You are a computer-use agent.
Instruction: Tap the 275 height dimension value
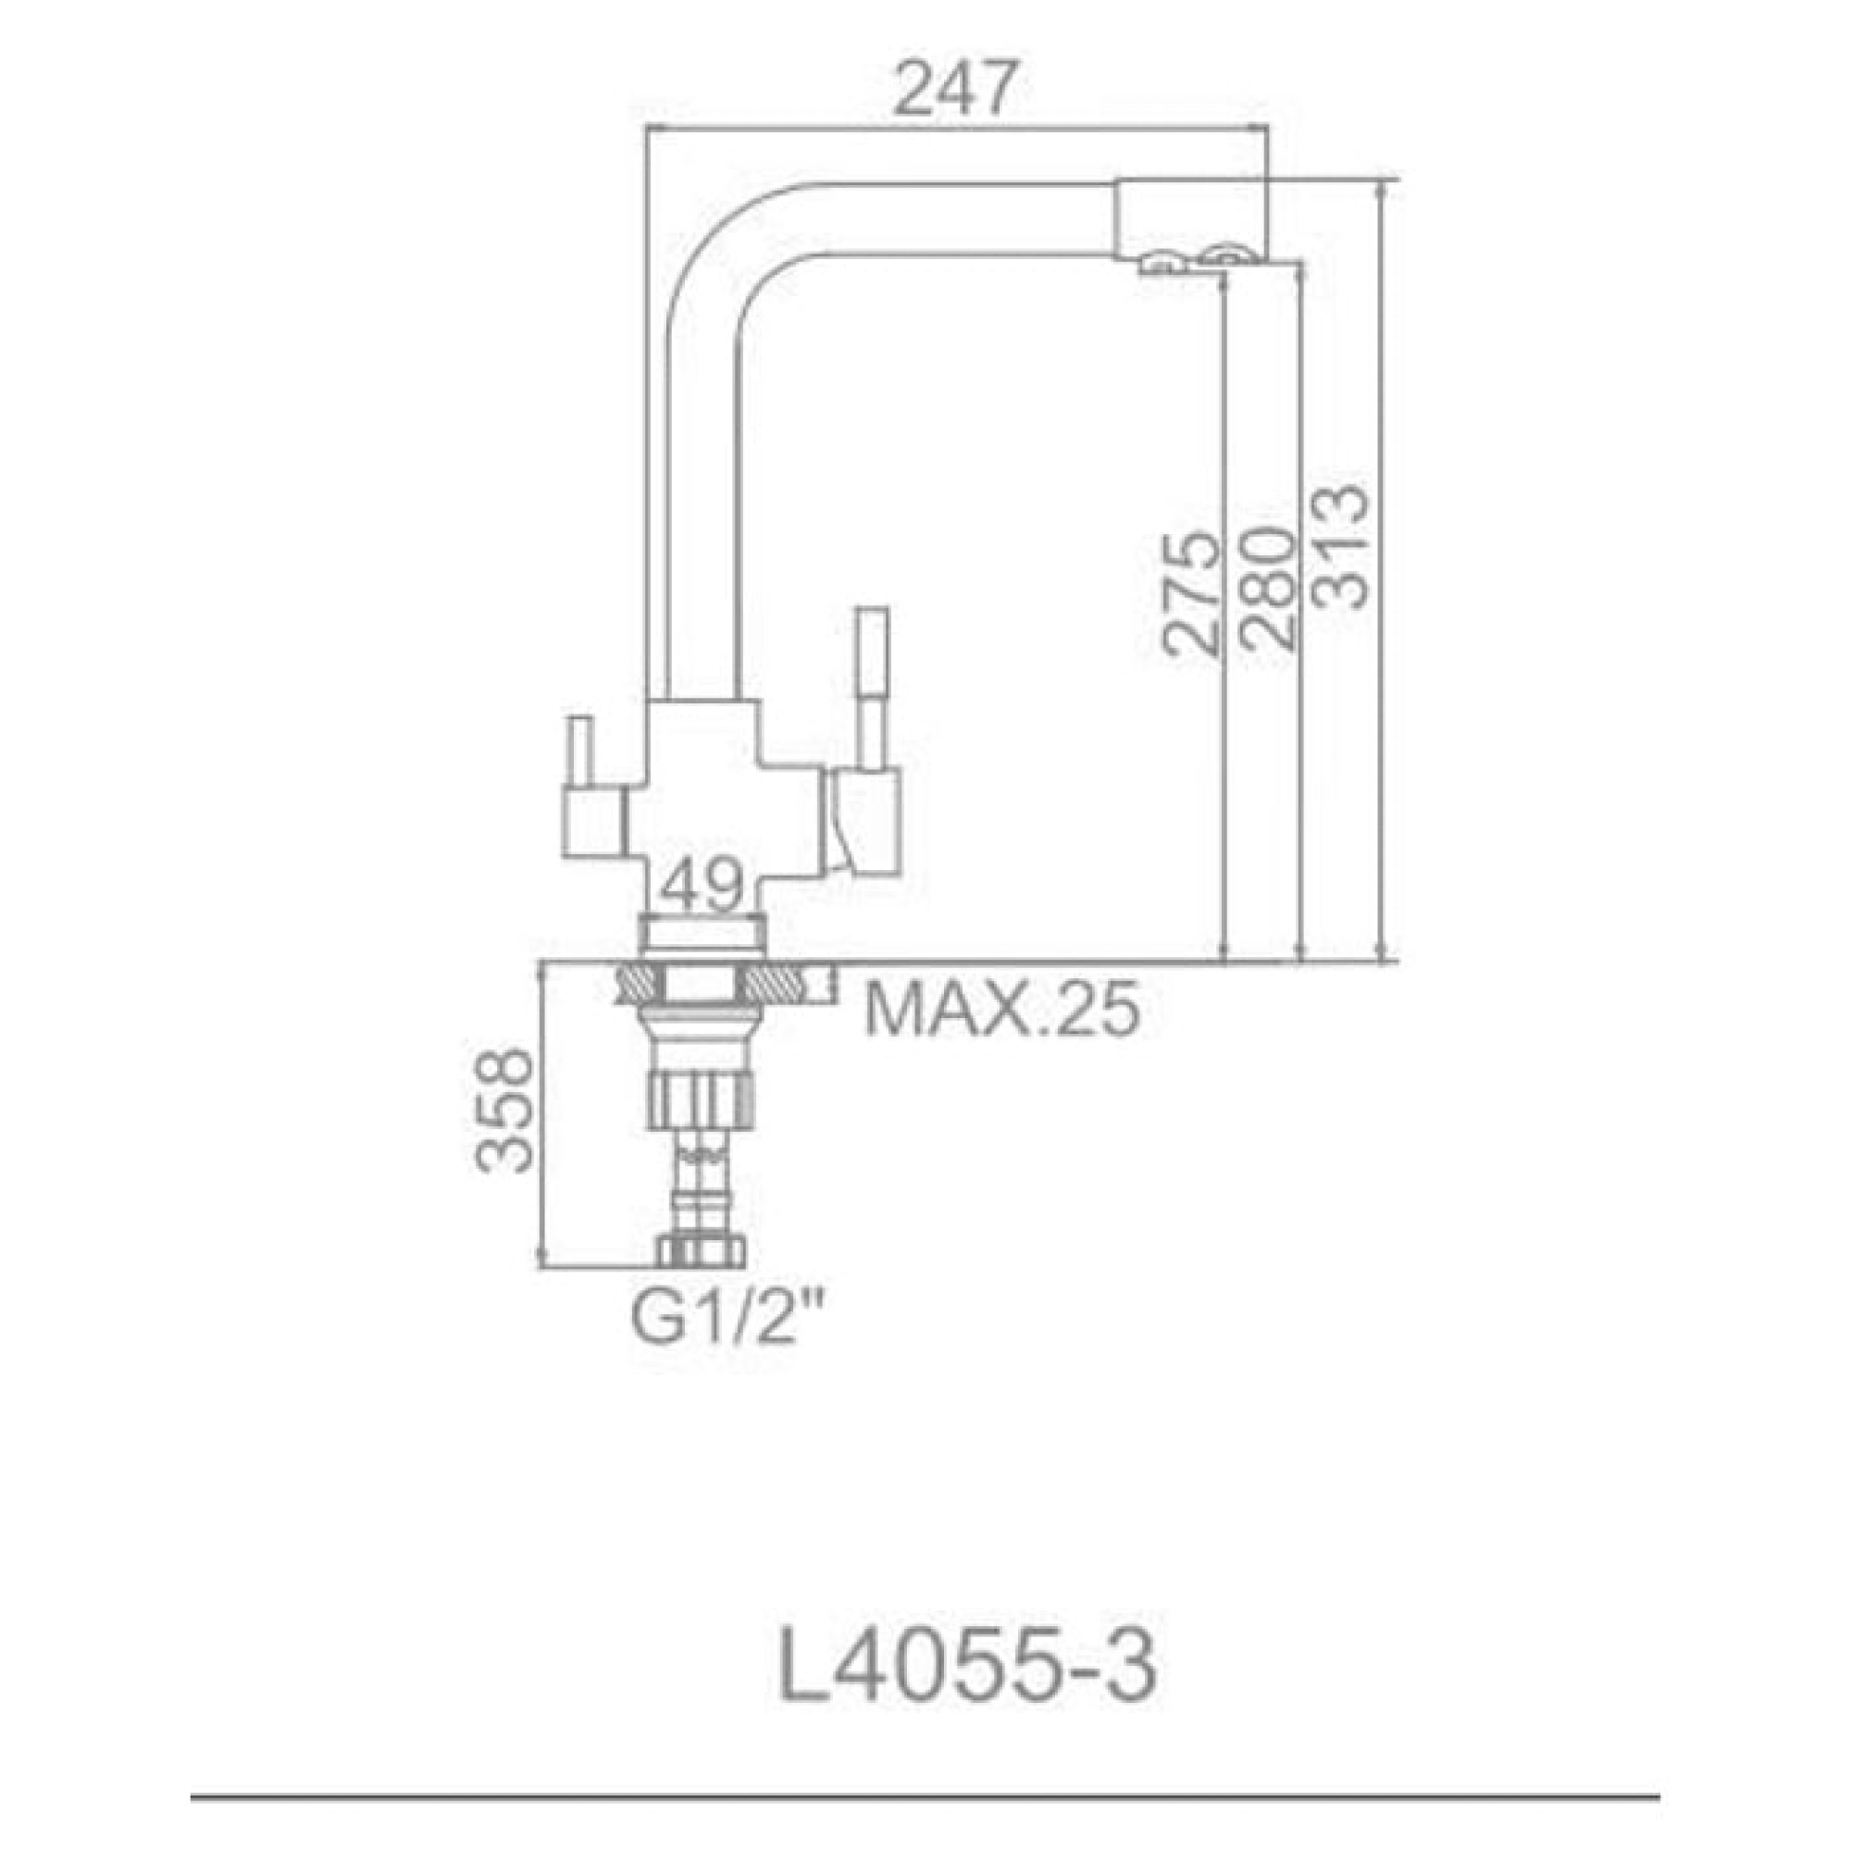[x=1190, y=594]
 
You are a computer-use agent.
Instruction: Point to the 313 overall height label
[x=1339, y=548]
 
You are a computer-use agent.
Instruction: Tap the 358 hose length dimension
[x=505, y=1111]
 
